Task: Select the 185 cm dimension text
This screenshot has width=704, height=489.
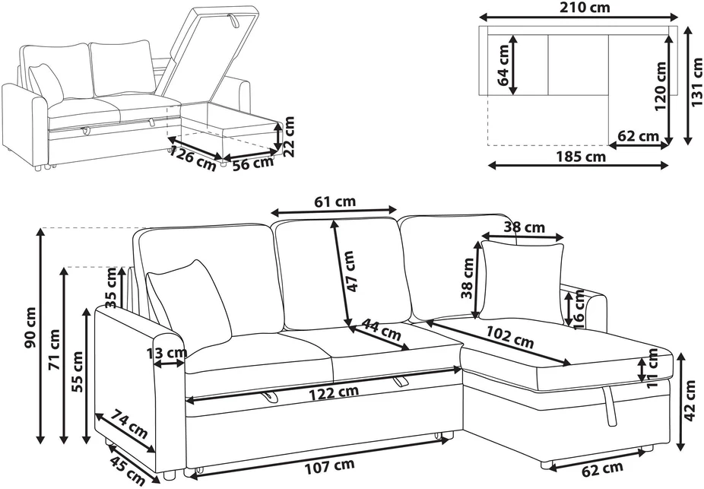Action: pyautogui.click(x=581, y=157)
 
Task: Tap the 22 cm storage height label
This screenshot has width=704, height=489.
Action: pyautogui.click(x=289, y=136)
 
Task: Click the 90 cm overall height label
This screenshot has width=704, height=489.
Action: pyautogui.click(x=30, y=329)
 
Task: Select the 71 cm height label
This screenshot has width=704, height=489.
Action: pyautogui.click(x=54, y=349)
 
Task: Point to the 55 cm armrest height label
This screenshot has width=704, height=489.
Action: pyautogui.click(x=78, y=372)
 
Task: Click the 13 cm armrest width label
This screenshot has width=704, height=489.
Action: pyautogui.click(x=166, y=354)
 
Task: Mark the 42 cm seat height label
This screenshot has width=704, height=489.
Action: pyautogui.click(x=691, y=401)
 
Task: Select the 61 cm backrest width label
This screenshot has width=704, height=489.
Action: pyautogui.click(x=335, y=202)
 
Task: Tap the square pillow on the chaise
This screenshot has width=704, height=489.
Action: pyautogui.click(x=522, y=281)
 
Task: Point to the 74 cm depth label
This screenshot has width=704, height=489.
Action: pyautogui.click(x=129, y=423)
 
